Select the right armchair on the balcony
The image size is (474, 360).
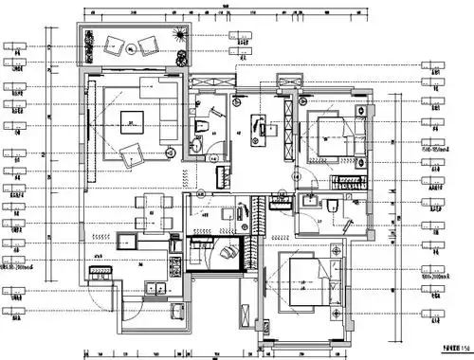(149, 45)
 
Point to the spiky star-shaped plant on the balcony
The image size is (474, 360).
(177, 36)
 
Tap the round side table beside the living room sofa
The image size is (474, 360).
(170, 151)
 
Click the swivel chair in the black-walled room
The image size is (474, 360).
(225, 253)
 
